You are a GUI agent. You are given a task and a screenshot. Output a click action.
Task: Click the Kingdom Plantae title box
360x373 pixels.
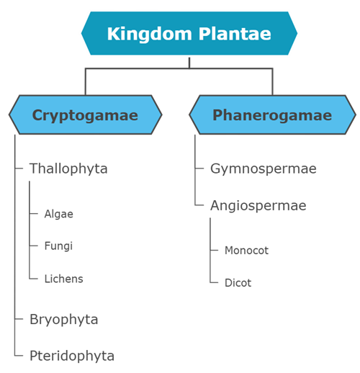pyautogui.click(x=189, y=33)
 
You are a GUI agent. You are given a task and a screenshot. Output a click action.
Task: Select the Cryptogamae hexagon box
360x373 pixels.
pyautogui.click(x=85, y=115)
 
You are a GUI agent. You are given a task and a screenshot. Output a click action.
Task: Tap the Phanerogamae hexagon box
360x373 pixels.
pyautogui.click(x=271, y=115)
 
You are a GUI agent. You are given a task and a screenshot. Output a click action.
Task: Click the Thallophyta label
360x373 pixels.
pyautogui.click(x=68, y=168)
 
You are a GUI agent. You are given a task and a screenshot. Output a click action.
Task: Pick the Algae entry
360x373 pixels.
pyautogui.click(x=58, y=214)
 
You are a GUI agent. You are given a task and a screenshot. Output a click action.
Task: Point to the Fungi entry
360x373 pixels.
pyautogui.click(x=58, y=246)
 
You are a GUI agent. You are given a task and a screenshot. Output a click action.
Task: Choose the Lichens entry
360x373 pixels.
pyautogui.click(x=63, y=279)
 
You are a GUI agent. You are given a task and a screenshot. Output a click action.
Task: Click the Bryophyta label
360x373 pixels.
pyautogui.click(x=63, y=319)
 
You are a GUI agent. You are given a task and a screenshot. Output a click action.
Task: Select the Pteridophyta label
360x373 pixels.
pyautogui.click(x=71, y=355)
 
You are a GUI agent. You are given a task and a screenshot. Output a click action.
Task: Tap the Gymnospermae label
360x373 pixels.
pyautogui.click(x=253, y=168)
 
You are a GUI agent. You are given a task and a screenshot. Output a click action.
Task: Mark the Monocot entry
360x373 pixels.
pyautogui.click(x=246, y=251)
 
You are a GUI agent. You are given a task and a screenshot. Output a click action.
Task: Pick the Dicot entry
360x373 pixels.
pyautogui.click(x=238, y=283)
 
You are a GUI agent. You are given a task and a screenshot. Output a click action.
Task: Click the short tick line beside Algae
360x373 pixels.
pyautogui.click(x=34, y=214)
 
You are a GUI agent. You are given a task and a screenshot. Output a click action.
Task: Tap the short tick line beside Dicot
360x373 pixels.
pyautogui.click(x=214, y=283)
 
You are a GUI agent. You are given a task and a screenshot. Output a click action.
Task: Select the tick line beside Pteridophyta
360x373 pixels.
pyautogui.click(x=19, y=355)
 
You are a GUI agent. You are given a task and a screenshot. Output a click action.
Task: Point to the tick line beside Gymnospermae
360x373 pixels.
pyautogui.click(x=199, y=169)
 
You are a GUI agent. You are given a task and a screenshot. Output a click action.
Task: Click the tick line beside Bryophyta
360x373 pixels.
pyautogui.click(x=19, y=319)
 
